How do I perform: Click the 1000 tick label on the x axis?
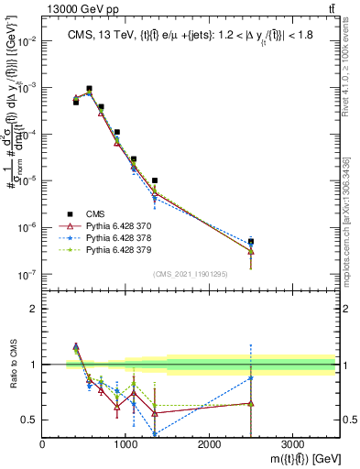click(x=125, y=445)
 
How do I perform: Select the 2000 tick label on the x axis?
click(x=209, y=445)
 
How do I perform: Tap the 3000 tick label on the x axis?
click(x=292, y=445)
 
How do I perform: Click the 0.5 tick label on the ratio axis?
click(x=28, y=420)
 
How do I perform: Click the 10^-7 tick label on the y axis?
click(x=26, y=274)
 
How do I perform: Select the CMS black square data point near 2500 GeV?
click(x=251, y=242)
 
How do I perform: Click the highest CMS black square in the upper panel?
click(x=89, y=89)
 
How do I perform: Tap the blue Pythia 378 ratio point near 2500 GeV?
click(x=251, y=377)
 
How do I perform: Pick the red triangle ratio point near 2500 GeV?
click(x=251, y=403)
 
